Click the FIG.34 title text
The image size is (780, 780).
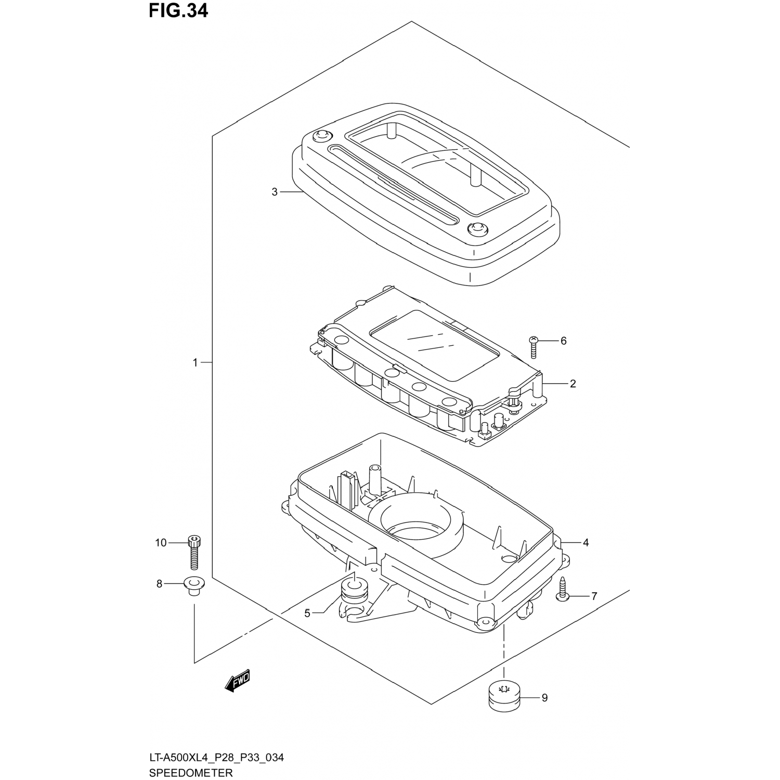tap(178, 10)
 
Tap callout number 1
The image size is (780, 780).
tap(196, 362)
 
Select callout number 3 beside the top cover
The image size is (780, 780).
tap(275, 192)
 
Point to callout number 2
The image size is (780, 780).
tap(573, 384)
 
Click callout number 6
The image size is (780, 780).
tap(563, 341)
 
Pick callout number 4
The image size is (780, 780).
tap(586, 542)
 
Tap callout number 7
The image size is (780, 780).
tap(594, 596)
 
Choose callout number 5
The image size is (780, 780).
tap(307, 614)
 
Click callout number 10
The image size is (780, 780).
tap(161, 543)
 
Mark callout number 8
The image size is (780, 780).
tap(160, 584)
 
